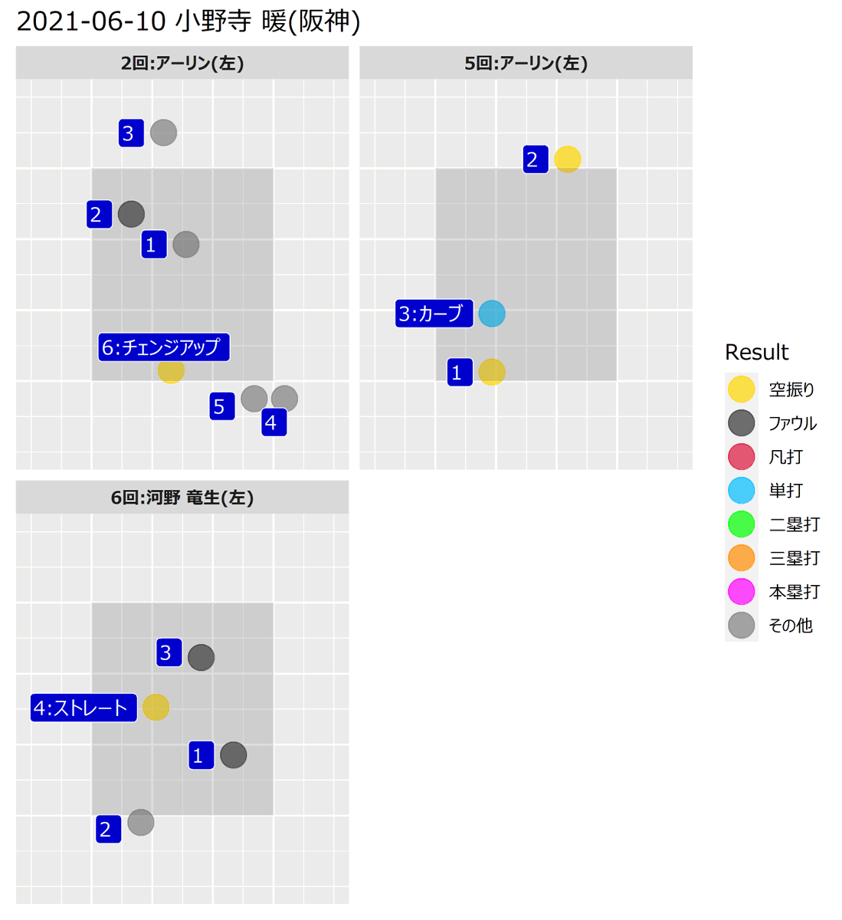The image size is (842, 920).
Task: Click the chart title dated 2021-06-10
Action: (x=188, y=21)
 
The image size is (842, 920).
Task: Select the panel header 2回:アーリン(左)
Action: (x=182, y=63)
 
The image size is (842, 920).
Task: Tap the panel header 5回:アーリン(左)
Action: (x=526, y=63)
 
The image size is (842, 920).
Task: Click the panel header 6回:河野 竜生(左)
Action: (x=182, y=498)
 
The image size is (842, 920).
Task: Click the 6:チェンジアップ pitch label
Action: (x=163, y=347)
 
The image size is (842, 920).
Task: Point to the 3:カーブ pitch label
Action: (x=434, y=314)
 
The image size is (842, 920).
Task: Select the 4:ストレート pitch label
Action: (x=84, y=708)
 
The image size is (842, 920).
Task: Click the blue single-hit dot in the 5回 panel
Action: (x=492, y=314)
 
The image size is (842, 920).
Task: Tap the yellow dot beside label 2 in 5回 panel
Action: (x=568, y=159)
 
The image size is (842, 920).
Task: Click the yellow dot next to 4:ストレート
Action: (x=156, y=707)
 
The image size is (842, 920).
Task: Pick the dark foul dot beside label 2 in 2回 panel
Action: (x=131, y=214)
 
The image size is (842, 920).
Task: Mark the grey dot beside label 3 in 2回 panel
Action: (x=163, y=133)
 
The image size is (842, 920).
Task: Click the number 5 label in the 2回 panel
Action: (x=222, y=406)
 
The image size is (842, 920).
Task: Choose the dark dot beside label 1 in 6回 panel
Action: (x=234, y=755)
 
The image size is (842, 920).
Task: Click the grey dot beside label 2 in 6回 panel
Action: (x=141, y=823)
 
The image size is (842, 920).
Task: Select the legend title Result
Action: (x=756, y=353)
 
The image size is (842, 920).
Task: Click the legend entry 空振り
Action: (x=791, y=389)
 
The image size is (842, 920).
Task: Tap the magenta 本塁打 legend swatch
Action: (x=742, y=592)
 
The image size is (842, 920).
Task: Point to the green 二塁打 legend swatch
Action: (x=742, y=524)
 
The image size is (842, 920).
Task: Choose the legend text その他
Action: (x=790, y=626)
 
